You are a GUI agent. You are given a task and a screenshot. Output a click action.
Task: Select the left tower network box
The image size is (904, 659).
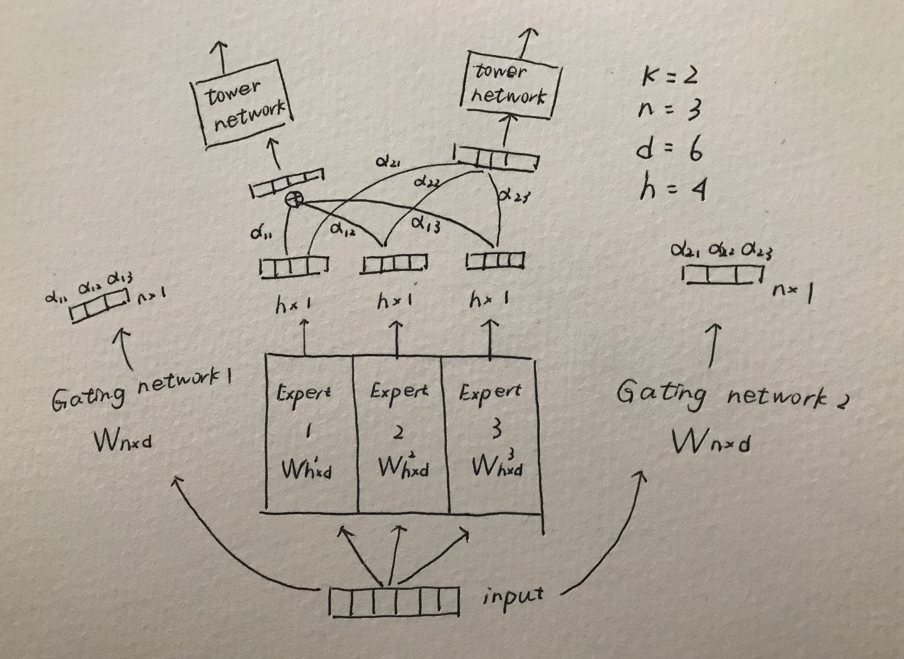(x=243, y=105)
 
